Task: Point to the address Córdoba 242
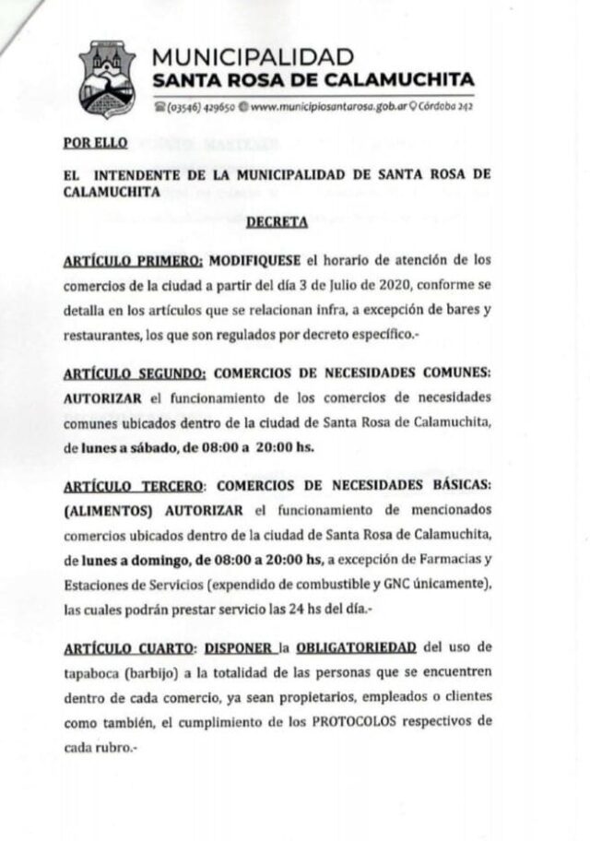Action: point(446,106)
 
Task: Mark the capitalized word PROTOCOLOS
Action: point(384,720)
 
